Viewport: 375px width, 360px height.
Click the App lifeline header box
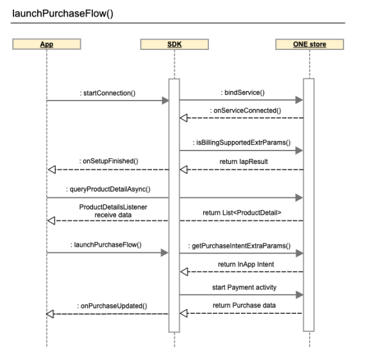47,44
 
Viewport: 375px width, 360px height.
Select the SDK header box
174,44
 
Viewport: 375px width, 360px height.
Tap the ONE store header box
310,44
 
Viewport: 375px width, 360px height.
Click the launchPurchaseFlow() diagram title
63,13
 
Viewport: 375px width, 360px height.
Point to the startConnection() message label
108,93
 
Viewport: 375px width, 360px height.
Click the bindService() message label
242,92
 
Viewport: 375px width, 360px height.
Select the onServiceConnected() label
246,110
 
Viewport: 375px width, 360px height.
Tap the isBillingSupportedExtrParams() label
242,142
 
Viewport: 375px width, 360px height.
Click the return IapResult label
244,161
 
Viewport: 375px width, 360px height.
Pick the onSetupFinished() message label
109,161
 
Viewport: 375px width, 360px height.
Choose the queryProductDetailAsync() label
108,189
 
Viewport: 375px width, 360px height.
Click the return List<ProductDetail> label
242,213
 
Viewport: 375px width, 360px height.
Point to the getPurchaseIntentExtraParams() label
239,246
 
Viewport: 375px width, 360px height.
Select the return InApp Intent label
246,265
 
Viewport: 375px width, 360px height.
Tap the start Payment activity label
244,288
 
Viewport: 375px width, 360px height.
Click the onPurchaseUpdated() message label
112,306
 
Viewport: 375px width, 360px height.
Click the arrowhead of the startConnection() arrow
165,101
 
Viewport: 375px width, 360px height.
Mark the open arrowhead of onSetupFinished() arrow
52,170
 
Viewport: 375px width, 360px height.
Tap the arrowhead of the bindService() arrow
299,100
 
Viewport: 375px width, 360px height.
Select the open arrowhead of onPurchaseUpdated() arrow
50,314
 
